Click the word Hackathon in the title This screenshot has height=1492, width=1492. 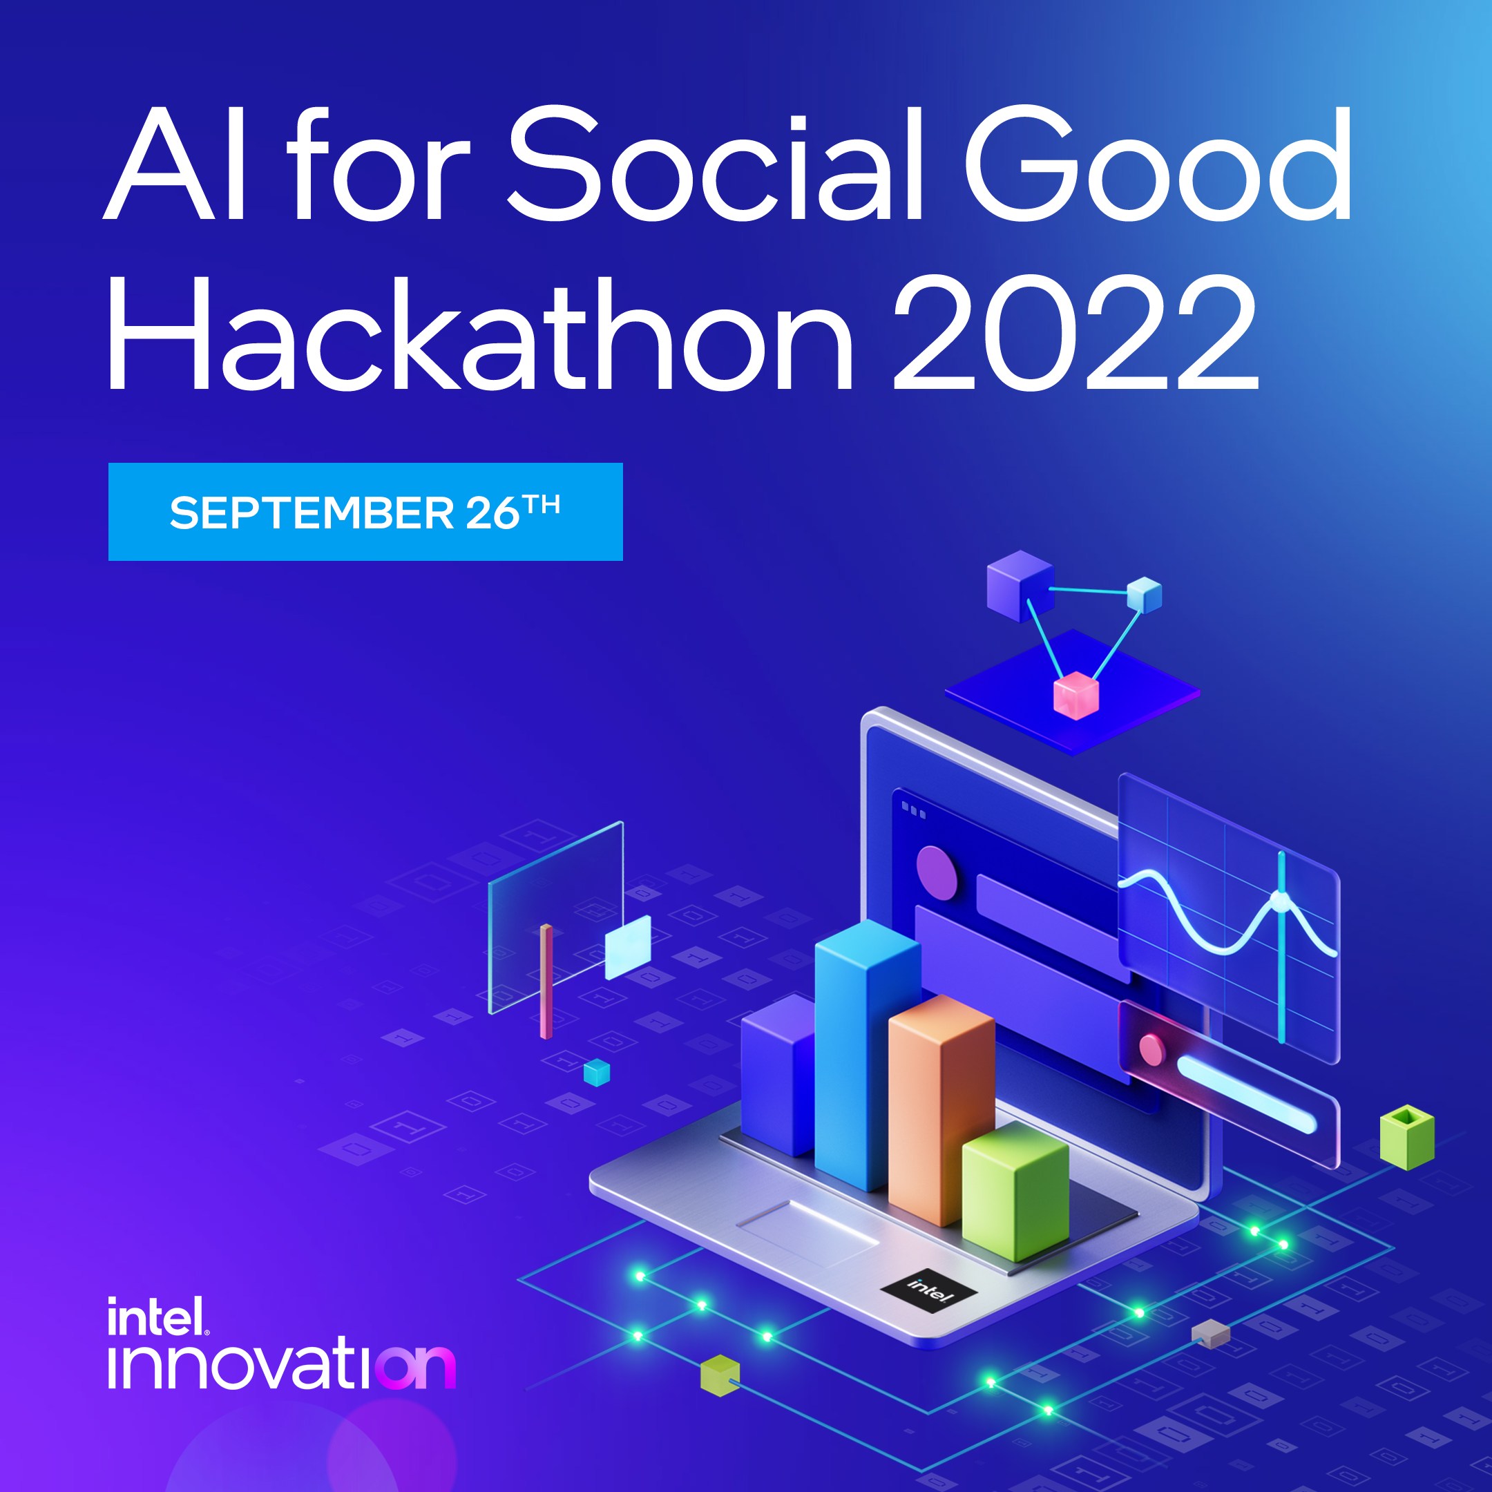click(479, 334)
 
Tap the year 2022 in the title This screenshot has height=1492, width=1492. click(1075, 334)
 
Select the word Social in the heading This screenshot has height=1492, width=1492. click(714, 164)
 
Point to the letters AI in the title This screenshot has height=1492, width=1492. click(176, 164)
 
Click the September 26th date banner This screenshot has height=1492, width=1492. click(365, 512)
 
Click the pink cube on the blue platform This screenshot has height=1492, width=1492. click(1075, 695)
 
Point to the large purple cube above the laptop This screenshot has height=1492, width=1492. click(1020, 585)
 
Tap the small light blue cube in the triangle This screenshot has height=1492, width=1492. click(1144, 595)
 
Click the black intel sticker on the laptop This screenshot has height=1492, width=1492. click(929, 1289)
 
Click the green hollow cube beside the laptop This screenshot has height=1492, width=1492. click(1406, 1137)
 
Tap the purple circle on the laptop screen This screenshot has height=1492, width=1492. click(936, 872)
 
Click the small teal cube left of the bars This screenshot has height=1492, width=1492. click(596, 1073)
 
